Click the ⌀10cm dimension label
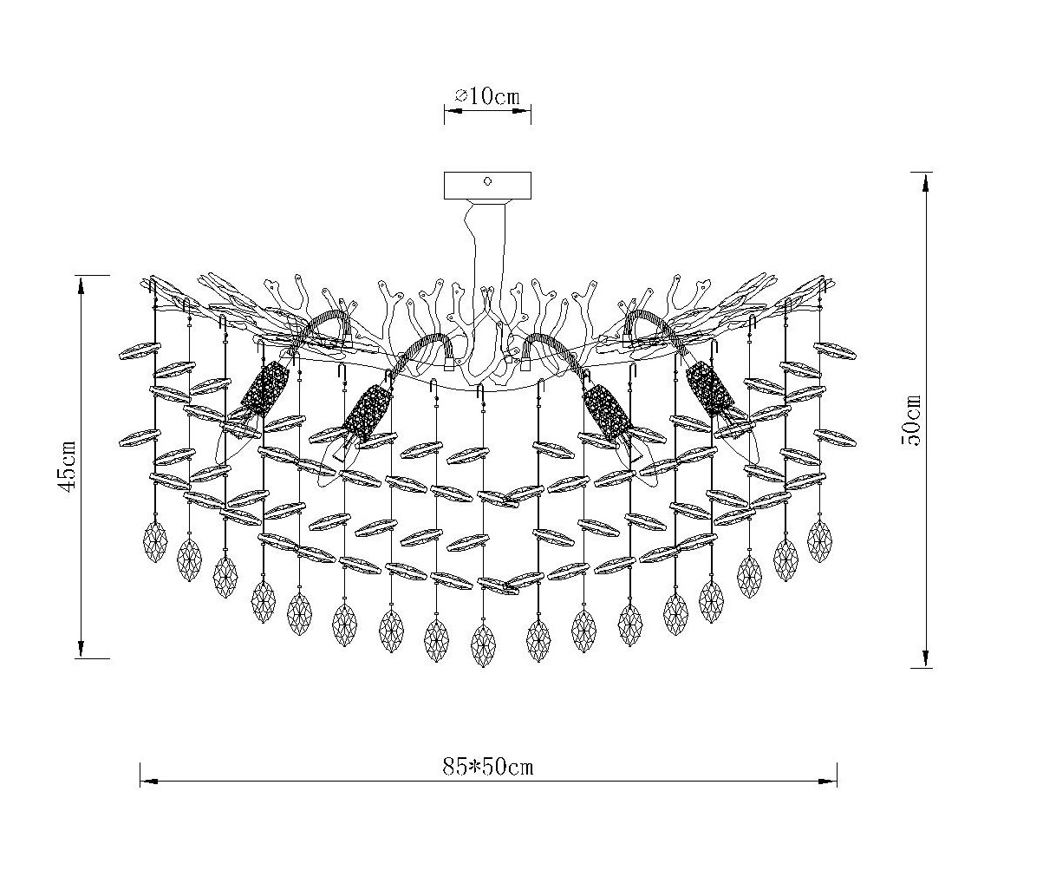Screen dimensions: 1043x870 487,96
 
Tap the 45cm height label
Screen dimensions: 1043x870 68,466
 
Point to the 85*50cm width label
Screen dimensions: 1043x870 488,766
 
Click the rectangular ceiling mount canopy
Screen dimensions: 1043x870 487,186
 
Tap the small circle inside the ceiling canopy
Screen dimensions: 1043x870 488,181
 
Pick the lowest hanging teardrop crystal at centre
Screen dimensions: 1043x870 483,645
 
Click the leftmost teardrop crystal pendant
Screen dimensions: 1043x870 155,541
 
